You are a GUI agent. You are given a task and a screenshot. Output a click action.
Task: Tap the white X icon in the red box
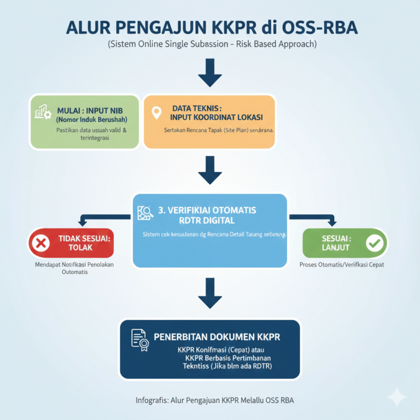40,242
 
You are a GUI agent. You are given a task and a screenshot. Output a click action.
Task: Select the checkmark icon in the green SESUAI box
375,242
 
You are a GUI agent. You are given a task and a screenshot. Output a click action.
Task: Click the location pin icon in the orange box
157,113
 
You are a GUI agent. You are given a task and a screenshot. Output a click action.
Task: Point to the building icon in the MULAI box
43,112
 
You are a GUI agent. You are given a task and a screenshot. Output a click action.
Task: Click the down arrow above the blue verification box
209,170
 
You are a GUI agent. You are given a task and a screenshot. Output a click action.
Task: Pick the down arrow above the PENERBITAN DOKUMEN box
209,293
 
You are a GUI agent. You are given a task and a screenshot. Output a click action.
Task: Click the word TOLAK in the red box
81,247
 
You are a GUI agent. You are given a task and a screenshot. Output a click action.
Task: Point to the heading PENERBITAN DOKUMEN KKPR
217,337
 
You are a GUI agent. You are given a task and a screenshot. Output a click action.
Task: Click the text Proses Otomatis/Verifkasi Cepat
342,265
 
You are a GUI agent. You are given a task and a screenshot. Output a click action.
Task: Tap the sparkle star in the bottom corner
397,398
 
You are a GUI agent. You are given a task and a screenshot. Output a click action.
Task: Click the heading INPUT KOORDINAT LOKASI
216,118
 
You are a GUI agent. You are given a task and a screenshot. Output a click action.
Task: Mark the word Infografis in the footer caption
151,400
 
